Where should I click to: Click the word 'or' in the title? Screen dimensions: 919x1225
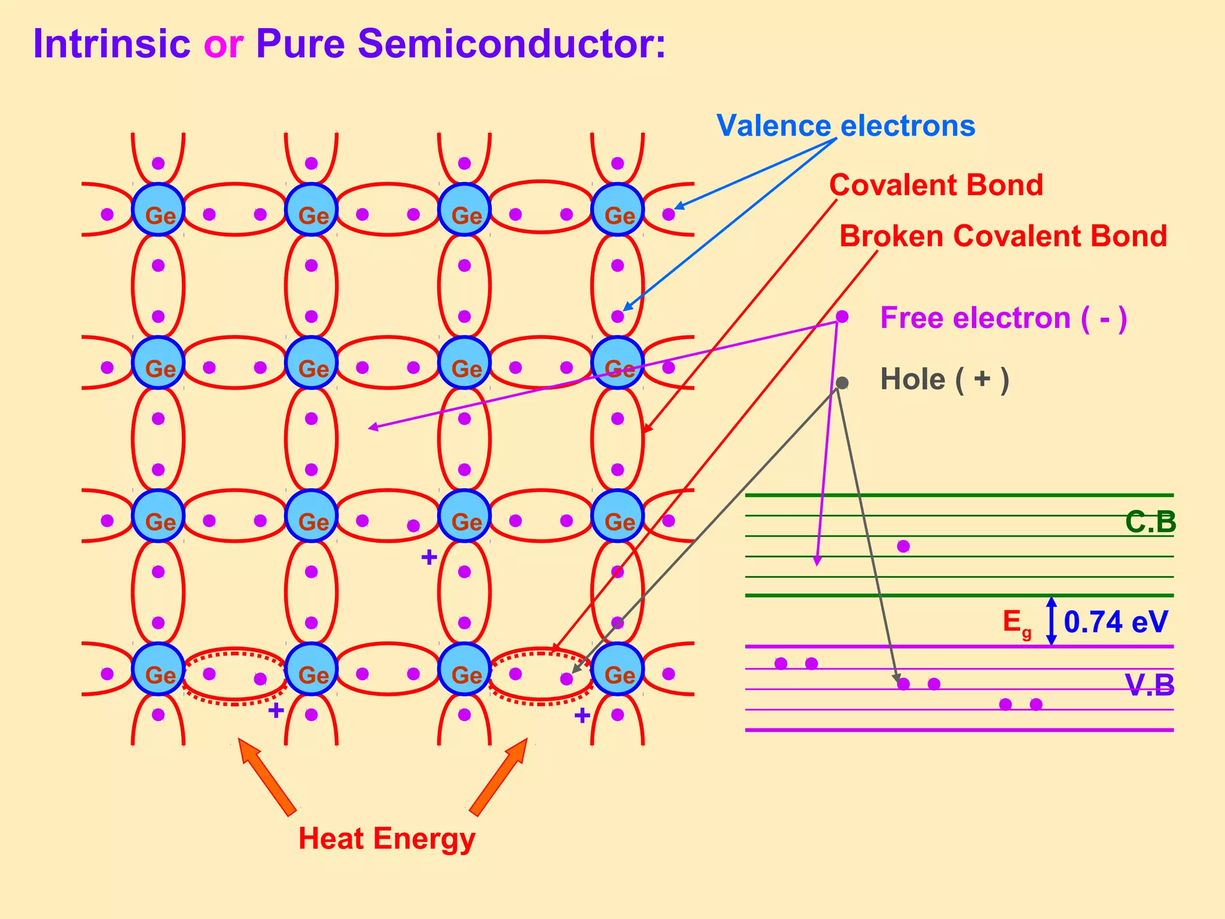(x=223, y=44)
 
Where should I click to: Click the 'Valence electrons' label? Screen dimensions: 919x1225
(x=846, y=126)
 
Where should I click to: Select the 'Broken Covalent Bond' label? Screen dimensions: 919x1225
(x=1003, y=236)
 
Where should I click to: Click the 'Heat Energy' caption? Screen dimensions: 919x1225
(x=386, y=838)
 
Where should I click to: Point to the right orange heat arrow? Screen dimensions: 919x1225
(x=499, y=776)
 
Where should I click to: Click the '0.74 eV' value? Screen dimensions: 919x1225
(x=1116, y=622)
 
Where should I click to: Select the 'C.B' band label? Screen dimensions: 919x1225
(x=1150, y=522)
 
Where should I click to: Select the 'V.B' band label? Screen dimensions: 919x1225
(x=1149, y=686)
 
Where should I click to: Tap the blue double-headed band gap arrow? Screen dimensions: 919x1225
(x=1052, y=621)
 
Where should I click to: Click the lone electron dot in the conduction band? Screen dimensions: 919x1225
(x=903, y=546)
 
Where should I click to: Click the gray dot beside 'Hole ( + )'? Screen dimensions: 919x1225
(x=842, y=383)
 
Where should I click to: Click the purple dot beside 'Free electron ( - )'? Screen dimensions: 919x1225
(x=842, y=317)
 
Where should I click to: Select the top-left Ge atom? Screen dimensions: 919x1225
(x=158, y=209)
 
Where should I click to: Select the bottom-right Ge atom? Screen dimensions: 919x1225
(x=617, y=669)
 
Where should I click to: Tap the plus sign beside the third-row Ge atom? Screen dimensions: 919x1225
(x=429, y=558)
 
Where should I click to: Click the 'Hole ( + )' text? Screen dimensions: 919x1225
(x=944, y=379)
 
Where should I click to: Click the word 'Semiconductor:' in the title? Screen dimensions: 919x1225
(x=511, y=44)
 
